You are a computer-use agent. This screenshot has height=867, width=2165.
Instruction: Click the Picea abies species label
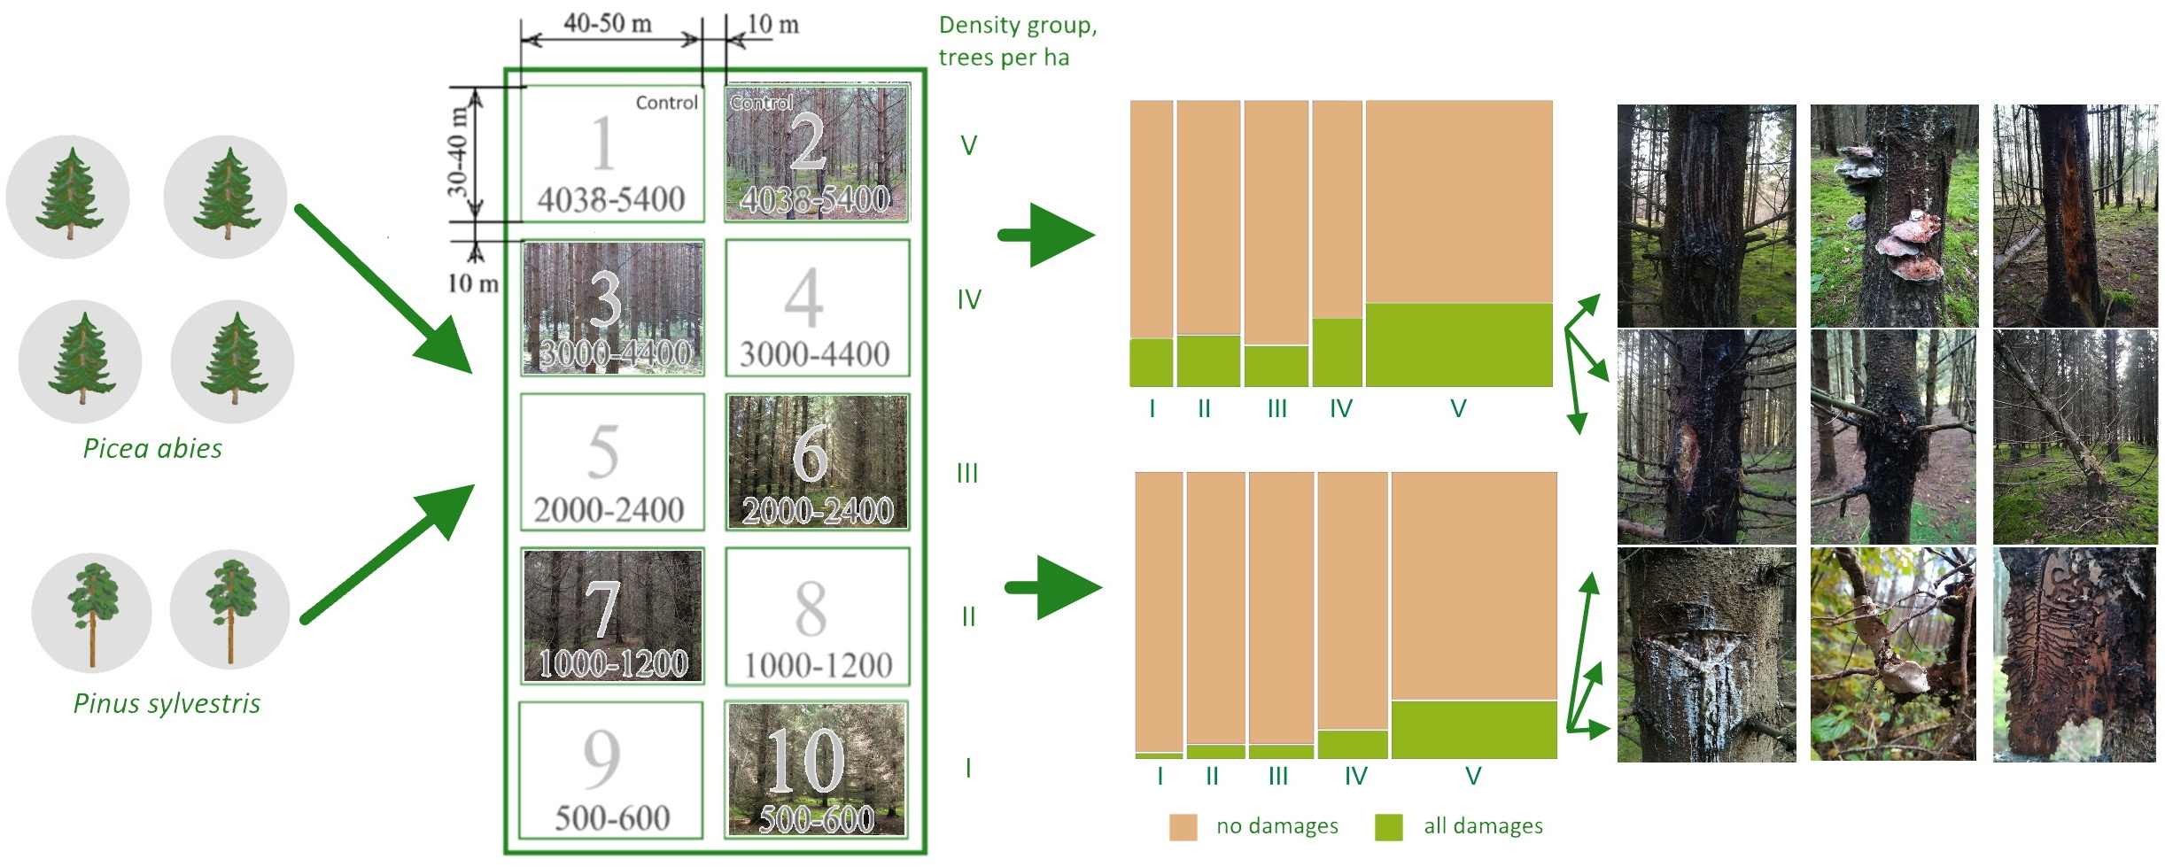click(152, 448)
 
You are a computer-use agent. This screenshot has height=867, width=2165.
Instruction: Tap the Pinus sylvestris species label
click(167, 703)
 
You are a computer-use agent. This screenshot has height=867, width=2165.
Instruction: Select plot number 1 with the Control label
click(612, 154)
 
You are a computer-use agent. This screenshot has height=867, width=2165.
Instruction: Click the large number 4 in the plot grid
click(804, 299)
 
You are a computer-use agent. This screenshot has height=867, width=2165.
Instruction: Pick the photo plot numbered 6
click(817, 462)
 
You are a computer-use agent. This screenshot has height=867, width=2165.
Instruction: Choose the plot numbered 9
click(611, 770)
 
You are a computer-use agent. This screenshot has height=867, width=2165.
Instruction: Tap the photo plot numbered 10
click(817, 770)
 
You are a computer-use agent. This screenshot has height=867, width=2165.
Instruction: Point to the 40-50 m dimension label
click(608, 24)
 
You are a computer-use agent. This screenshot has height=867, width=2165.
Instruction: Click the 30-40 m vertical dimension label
click(456, 151)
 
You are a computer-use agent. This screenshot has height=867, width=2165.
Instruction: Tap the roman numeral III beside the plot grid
click(967, 474)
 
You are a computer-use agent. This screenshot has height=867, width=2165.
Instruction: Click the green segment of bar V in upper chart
click(1458, 344)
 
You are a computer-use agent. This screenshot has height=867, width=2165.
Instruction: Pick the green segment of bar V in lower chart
click(1473, 730)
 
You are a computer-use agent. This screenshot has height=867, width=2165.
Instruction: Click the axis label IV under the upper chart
click(1340, 409)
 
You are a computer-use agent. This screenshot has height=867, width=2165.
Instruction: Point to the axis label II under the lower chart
click(1212, 777)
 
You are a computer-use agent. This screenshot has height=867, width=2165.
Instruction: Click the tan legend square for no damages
click(1183, 827)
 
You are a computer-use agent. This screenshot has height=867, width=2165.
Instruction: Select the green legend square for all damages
click(1388, 827)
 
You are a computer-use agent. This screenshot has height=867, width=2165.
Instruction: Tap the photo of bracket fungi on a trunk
click(1893, 216)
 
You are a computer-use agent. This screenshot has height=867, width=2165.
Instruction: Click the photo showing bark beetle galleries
click(2074, 654)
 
